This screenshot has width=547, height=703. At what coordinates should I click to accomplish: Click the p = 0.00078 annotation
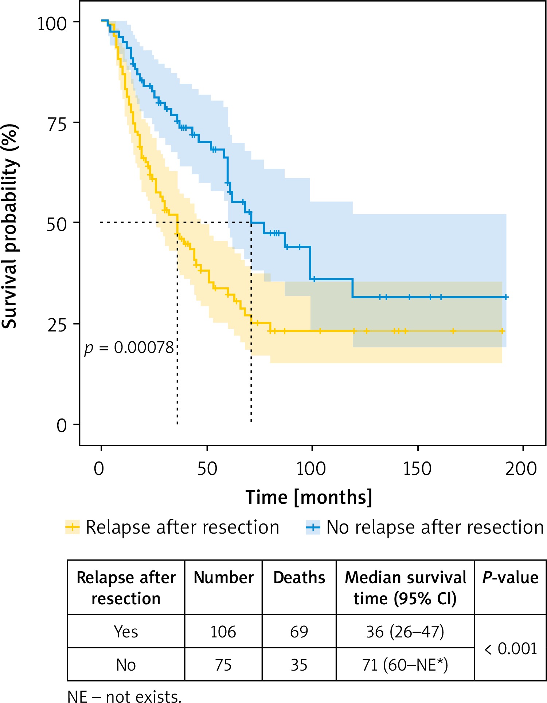click(x=129, y=348)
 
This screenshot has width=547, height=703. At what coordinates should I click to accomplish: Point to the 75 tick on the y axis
click(x=57, y=124)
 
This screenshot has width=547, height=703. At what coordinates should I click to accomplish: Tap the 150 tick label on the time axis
click(x=417, y=468)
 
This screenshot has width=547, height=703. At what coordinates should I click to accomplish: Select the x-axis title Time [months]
click(x=309, y=498)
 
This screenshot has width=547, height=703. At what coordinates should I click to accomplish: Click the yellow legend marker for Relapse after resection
click(x=72, y=527)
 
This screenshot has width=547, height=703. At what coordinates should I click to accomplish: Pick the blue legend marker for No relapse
click(x=313, y=527)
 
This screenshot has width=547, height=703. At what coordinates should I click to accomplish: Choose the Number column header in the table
click(x=223, y=578)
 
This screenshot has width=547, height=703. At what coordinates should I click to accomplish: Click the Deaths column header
click(x=299, y=578)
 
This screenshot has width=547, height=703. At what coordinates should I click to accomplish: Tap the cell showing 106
click(x=223, y=632)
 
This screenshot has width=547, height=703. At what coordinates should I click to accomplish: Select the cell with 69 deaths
click(x=299, y=632)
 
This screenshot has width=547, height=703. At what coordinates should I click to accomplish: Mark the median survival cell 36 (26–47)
click(x=405, y=632)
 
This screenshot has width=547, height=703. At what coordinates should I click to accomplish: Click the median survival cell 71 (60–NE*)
click(x=405, y=665)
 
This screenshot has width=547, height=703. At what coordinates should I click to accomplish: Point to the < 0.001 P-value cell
click(x=510, y=649)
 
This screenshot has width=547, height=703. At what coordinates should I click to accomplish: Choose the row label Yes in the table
click(x=126, y=632)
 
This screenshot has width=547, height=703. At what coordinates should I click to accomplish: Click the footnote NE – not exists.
click(x=124, y=696)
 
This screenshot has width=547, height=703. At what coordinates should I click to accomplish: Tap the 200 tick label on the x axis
click(x=521, y=468)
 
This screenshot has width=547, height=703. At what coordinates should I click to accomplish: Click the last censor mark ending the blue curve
click(x=506, y=297)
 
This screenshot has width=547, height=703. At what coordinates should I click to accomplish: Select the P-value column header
click(x=510, y=578)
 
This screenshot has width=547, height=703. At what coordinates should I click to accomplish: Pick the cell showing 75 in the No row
click(x=223, y=665)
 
